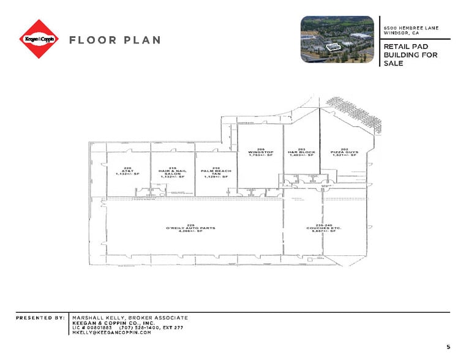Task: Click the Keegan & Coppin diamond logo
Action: tap(40, 39)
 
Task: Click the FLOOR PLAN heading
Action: tap(115, 40)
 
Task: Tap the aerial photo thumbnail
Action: tap(337, 39)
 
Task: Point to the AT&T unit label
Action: tap(127, 172)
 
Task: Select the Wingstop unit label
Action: tap(260, 152)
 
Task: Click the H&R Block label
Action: tap(302, 152)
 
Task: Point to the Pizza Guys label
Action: tap(344, 152)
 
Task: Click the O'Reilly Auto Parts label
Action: tap(190, 230)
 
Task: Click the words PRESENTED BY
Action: tap(40, 318)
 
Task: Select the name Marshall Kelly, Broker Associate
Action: tap(130, 318)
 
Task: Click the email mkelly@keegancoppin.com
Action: tap(111, 332)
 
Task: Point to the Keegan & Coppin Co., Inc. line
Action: tap(113, 323)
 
